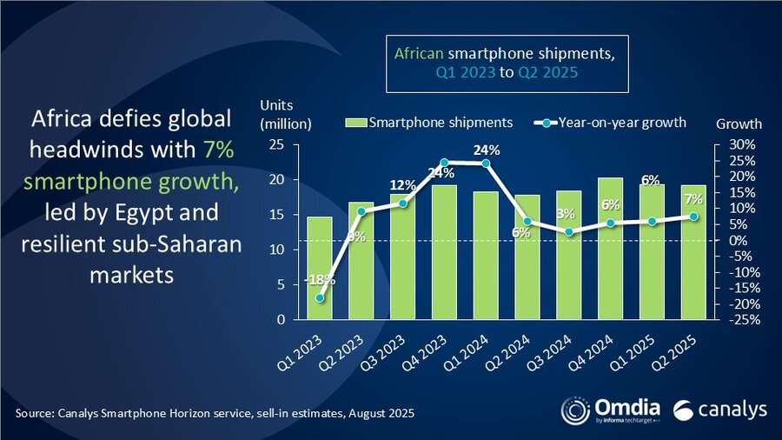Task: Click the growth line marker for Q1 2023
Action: point(320,298)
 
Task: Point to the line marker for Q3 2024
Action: point(568,232)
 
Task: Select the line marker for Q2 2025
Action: point(693,217)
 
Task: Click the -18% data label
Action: point(320,280)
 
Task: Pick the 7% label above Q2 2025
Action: point(693,199)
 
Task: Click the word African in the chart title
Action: point(418,54)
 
